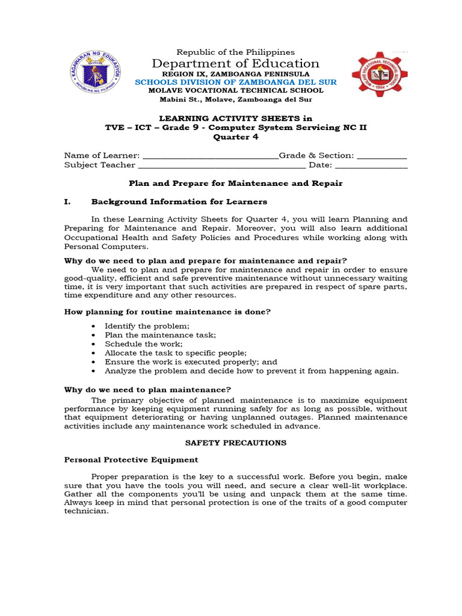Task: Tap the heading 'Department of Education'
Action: click(236, 64)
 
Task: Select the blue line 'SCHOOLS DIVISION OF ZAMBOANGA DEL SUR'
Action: click(236, 82)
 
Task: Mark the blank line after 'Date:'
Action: click(371, 165)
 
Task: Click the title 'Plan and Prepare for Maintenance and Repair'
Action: click(236, 183)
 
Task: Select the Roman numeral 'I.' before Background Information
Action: click(68, 202)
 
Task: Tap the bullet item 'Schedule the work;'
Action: click(135, 344)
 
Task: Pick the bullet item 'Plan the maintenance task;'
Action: click(160, 335)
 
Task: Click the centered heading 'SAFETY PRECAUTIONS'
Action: click(236, 443)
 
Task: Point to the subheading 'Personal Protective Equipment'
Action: click(131, 460)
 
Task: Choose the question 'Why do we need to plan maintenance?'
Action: click(147, 390)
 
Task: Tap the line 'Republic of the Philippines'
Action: click(236, 52)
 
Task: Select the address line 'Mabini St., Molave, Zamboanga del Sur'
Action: click(236, 100)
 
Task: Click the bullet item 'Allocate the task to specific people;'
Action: click(176, 353)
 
